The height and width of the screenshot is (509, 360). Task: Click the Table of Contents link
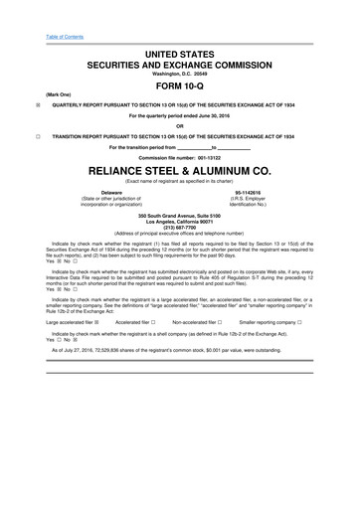tap(42, 10)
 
